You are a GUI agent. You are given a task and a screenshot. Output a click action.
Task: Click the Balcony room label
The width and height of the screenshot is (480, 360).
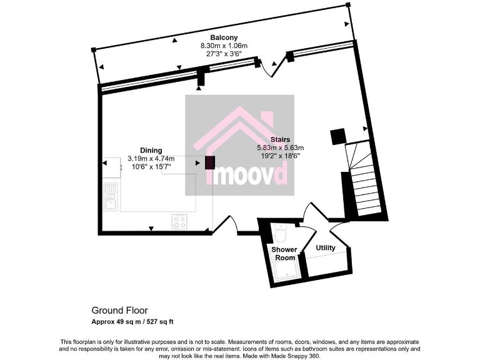(x=223, y=37)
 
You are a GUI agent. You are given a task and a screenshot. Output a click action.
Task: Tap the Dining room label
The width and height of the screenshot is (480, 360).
(x=151, y=150)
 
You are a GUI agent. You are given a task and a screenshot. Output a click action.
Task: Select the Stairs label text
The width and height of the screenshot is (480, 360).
(x=279, y=139)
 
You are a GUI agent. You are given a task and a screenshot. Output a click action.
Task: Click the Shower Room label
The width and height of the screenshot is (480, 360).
(x=284, y=253)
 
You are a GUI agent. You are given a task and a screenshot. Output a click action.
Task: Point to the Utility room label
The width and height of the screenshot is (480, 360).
(x=325, y=248)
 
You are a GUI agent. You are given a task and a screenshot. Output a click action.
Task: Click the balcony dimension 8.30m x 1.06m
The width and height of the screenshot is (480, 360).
(x=223, y=46)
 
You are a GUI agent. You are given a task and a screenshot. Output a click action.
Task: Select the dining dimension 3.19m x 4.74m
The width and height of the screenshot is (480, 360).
(x=151, y=158)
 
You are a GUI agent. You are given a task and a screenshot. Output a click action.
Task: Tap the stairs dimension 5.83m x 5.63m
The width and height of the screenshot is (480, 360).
(x=280, y=147)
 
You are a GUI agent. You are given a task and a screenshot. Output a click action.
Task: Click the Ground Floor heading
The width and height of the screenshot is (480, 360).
(x=116, y=310)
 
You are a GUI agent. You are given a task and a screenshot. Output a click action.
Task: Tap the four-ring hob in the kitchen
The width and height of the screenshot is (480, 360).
(x=180, y=221)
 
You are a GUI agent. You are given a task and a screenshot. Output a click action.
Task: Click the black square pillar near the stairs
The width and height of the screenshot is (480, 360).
(x=337, y=136)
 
